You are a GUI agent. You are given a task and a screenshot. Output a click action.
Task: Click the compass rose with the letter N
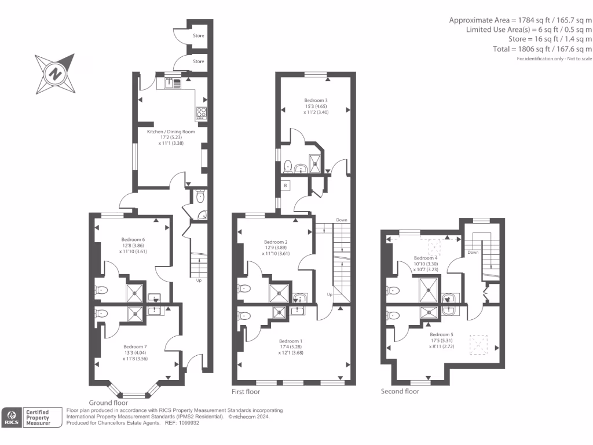[x=55, y=74]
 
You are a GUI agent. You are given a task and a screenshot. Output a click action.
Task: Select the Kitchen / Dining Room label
[x=171, y=132]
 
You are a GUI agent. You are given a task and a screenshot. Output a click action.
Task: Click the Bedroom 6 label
[x=133, y=239]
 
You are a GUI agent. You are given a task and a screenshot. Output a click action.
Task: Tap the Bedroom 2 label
[x=276, y=242]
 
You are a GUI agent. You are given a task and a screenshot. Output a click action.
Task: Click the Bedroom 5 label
[x=442, y=334]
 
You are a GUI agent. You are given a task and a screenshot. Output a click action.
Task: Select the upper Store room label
[x=199, y=36]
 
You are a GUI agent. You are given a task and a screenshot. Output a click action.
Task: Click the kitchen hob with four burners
[x=202, y=112]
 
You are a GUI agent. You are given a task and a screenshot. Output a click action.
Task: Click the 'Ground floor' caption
[x=108, y=402]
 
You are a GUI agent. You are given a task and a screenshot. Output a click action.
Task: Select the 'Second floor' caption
[x=400, y=391]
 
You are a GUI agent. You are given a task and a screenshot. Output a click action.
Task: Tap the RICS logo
[x=12, y=417]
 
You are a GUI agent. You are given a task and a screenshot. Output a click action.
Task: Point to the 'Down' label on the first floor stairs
[x=342, y=220]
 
